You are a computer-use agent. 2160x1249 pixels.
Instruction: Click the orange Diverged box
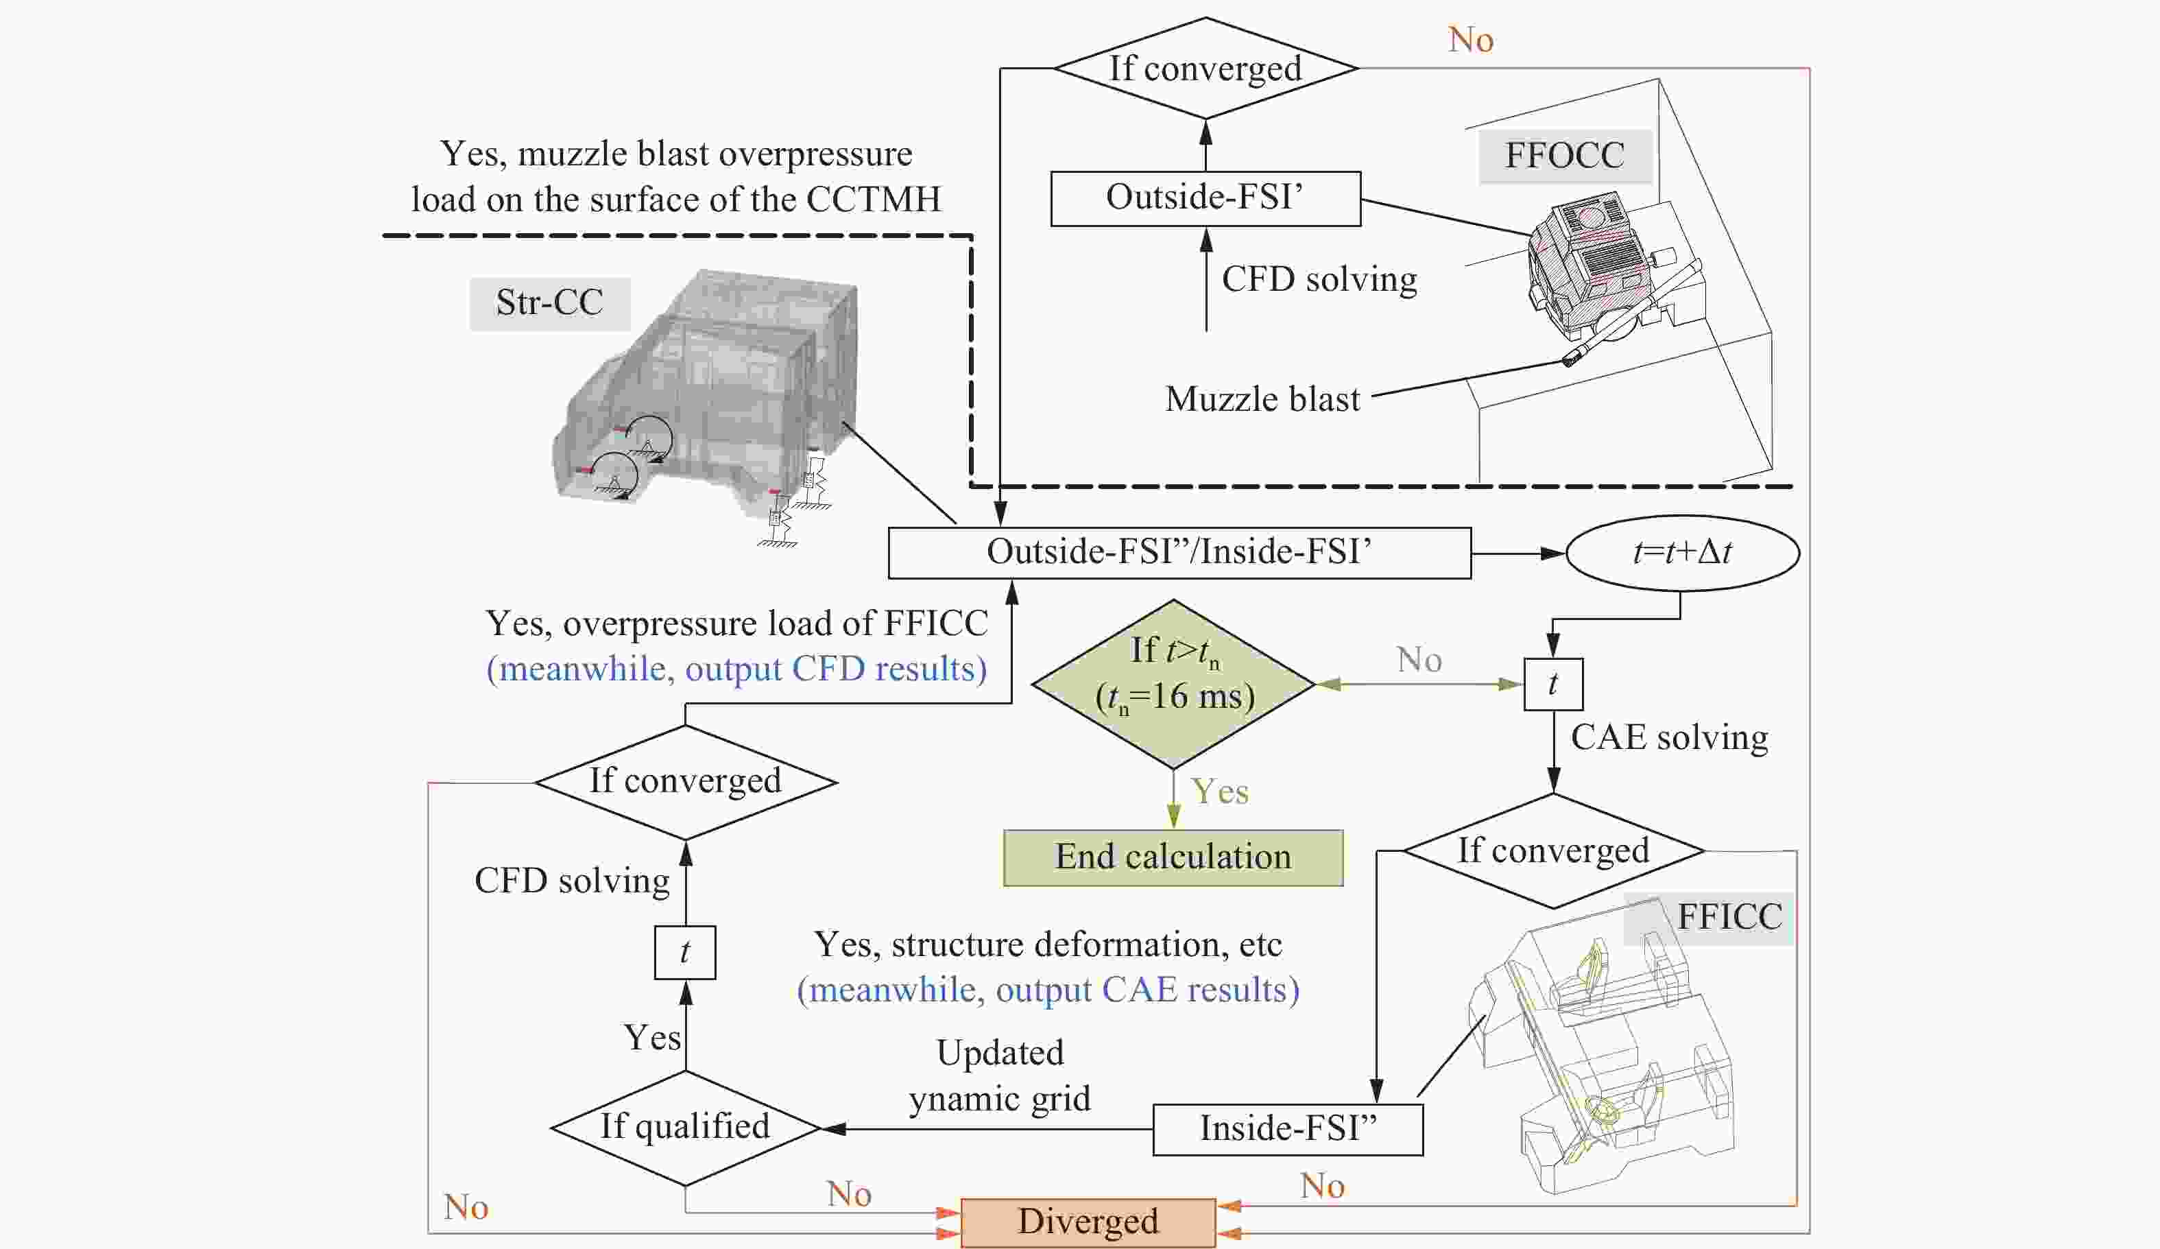click(1088, 1222)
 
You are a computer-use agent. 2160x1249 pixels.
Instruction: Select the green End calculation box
click(1173, 857)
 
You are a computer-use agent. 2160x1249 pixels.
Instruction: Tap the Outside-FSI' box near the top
click(1205, 198)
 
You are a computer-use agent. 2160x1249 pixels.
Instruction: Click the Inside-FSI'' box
click(1288, 1129)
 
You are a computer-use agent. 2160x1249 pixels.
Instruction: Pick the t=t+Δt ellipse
click(1681, 553)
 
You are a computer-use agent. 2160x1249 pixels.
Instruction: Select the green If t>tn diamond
click(1173, 683)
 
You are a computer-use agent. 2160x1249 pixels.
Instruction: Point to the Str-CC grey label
click(549, 303)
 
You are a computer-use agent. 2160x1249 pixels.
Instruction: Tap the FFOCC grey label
click(1564, 156)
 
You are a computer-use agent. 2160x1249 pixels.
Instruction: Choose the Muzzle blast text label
click(1262, 399)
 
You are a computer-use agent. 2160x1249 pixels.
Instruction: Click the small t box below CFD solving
click(685, 953)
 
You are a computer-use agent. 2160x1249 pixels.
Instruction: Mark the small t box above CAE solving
click(1552, 684)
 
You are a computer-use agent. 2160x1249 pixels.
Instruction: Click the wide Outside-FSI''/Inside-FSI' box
click(1179, 553)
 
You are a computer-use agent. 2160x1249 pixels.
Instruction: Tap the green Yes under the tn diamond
click(1220, 792)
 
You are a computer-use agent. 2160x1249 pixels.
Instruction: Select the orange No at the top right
click(1470, 40)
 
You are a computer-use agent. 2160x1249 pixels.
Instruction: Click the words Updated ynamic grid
click(1000, 1076)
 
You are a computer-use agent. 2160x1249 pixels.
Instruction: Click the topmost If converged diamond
click(1205, 69)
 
